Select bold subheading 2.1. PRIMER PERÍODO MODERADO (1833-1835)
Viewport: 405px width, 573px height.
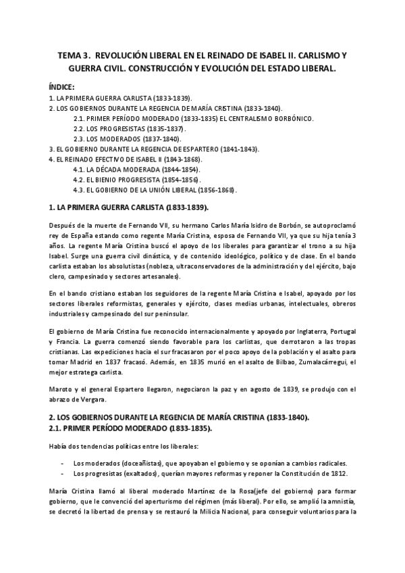tap(128, 428)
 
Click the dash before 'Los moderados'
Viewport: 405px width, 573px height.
tap(62, 463)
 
